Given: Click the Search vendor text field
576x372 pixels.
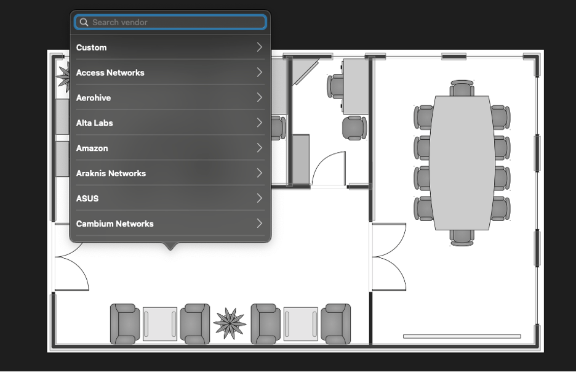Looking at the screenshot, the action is pyautogui.click(x=170, y=22).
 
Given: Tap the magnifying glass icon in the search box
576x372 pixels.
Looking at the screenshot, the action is pyautogui.click(x=84, y=22).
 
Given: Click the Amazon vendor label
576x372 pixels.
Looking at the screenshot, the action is pyautogui.click(x=92, y=148).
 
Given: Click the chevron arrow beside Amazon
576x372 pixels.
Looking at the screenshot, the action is pyautogui.click(x=259, y=148).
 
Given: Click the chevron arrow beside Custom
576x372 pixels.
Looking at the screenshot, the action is pyautogui.click(x=259, y=47).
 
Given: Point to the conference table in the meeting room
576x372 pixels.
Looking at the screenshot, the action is pyautogui.click(x=462, y=163).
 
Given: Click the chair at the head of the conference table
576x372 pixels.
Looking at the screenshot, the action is pyautogui.click(x=462, y=88).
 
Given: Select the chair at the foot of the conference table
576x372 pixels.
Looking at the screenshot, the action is pyautogui.click(x=462, y=238).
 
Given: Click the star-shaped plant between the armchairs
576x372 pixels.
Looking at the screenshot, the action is pyautogui.click(x=230, y=323).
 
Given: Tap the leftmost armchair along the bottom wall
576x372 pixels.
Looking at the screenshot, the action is pyautogui.click(x=125, y=324).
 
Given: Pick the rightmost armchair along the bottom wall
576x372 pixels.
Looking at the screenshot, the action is pyautogui.click(x=336, y=324).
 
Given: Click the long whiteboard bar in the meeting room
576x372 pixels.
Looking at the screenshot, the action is pyautogui.click(x=462, y=336).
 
